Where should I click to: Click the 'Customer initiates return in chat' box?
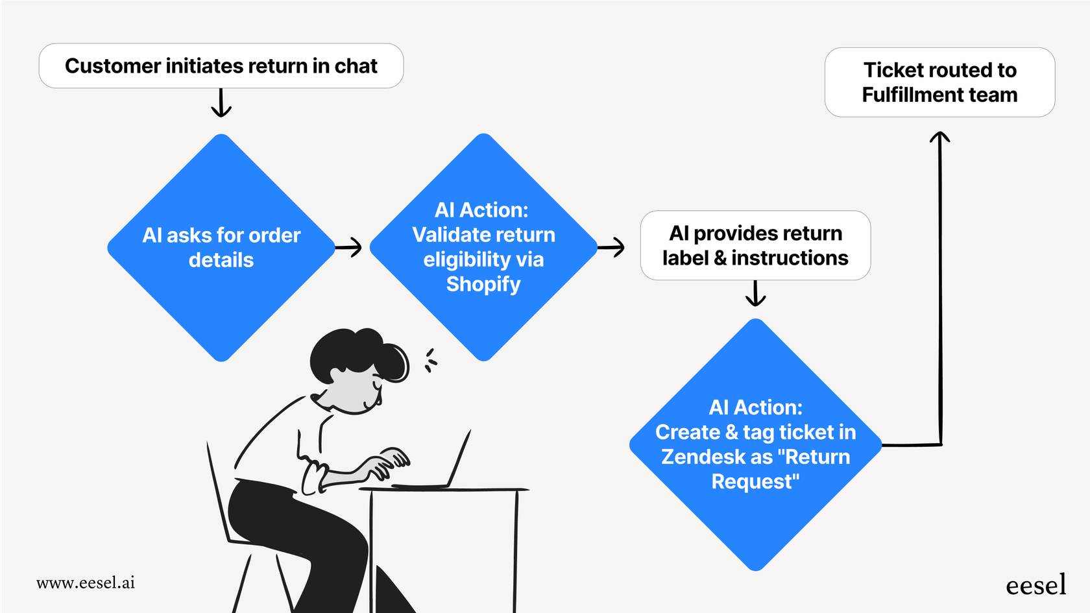[221, 66]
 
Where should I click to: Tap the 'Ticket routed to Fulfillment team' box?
[939, 82]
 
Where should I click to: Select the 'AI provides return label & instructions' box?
[755, 246]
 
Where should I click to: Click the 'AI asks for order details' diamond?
[221, 248]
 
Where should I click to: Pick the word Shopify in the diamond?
[483, 284]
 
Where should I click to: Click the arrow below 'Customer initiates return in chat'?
[221, 104]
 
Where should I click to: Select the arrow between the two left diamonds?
[349, 247]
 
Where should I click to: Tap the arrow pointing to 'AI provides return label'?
[611, 247]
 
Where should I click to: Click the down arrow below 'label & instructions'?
[755, 294]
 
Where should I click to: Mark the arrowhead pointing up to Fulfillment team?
[939, 138]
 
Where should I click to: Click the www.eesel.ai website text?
[86, 583]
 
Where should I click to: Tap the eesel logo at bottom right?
[1035, 585]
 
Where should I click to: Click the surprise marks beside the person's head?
[430, 361]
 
